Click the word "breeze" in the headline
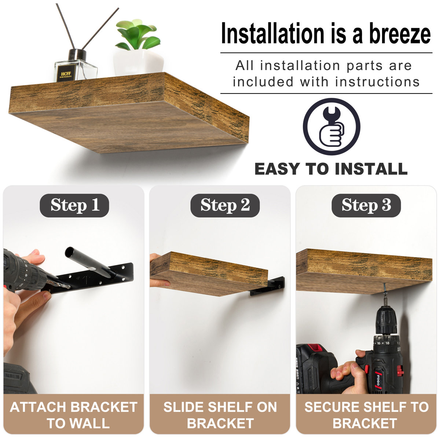400,34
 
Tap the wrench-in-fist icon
331,126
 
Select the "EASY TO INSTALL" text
331,169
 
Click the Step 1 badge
74,205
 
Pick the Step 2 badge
225,205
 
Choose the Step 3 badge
366,205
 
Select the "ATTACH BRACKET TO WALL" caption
74,415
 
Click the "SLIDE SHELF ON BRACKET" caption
220,415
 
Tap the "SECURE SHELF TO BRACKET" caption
366,415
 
